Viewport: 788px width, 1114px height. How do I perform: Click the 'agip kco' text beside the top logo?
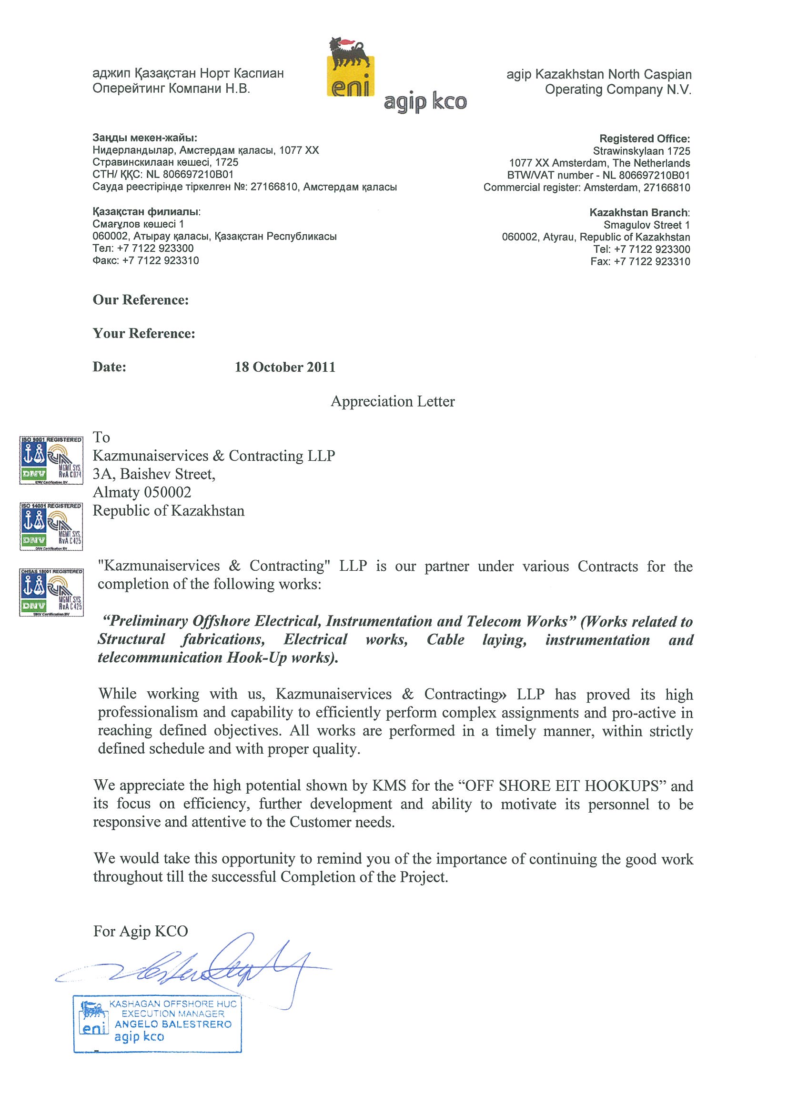pyautogui.click(x=425, y=102)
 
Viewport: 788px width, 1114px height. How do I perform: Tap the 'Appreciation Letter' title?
pyautogui.click(x=393, y=401)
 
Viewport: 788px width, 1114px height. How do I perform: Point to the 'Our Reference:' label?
pyautogui.click(x=141, y=300)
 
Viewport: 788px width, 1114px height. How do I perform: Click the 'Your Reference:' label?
pyautogui.click(x=144, y=333)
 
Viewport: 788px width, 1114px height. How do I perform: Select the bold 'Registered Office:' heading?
pyautogui.click(x=644, y=139)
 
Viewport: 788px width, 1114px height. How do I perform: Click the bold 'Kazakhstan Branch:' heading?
pyautogui.click(x=639, y=212)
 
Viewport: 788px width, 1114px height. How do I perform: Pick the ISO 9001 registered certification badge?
pyautogui.click(x=51, y=460)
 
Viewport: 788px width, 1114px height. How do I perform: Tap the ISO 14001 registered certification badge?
pyautogui.click(x=51, y=526)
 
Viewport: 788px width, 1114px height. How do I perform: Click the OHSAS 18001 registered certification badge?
pyautogui.click(x=51, y=592)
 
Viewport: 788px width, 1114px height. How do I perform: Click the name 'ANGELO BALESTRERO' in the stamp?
pyautogui.click(x=173, y=1024)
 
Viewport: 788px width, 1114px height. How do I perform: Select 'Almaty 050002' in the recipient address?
pyautogui.click(x=142, y=492)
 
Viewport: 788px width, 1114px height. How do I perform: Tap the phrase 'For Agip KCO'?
pyautogui.click(x=141, y=931)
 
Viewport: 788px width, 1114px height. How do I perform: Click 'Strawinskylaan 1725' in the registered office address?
pyautogui.click(x=641, y=151)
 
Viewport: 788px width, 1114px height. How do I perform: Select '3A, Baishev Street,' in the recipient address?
pyautogui.click(x=154, y=474)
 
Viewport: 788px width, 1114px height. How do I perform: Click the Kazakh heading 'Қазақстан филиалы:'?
pyautogui.click(x=146, y=212)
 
